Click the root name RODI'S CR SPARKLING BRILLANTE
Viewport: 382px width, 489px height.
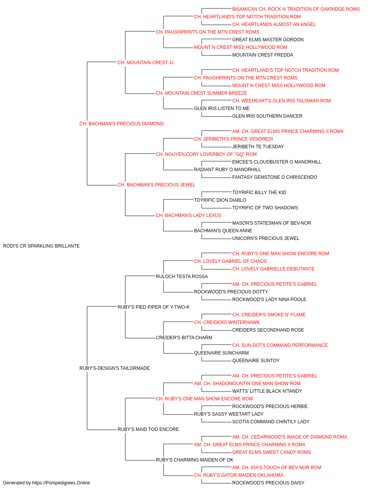pos(41,246)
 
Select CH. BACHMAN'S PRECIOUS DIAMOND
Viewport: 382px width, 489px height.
pos(121,124)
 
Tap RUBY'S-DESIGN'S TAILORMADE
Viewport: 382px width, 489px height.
pos(115,368)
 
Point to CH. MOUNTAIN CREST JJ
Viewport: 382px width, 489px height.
pos(146,63)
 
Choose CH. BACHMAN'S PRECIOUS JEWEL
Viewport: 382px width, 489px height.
pos(156,185)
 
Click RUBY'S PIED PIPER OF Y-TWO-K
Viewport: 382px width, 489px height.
pos(154,307)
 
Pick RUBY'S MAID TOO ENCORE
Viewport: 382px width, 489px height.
pos(148,429)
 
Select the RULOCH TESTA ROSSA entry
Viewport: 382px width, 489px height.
pos(182,277)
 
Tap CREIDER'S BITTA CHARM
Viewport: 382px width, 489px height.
pos(184,338)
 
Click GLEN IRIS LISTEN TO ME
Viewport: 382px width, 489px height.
pos(222,108)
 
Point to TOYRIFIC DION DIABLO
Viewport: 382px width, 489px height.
pos(220,200)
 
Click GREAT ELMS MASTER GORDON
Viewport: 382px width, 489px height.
pos(268,40)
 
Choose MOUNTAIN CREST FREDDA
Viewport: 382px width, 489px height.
pos(262,55)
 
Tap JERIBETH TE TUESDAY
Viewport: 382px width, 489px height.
pos(258,147)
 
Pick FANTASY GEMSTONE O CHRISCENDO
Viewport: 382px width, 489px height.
pos(274,177)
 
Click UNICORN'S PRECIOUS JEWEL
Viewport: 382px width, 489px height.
pos(266,238)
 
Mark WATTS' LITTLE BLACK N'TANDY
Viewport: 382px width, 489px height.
pos(267,391)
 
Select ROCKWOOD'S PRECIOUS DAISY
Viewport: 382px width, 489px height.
pos(268,483)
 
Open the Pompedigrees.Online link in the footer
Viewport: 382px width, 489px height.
pos(61,483)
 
